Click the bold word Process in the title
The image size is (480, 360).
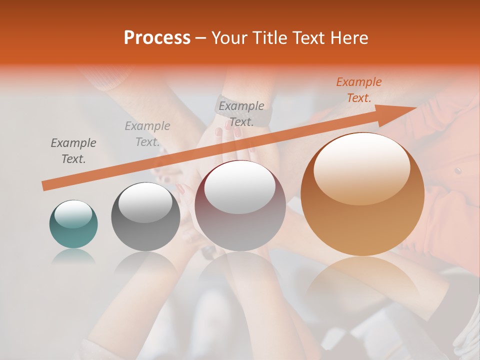point(157,38)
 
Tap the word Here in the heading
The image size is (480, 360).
point(350,38)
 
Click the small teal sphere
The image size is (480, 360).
point(73,224)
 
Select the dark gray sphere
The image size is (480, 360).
point(145,216)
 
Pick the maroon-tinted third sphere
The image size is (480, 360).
point(240,205)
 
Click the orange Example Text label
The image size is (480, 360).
point(358,90)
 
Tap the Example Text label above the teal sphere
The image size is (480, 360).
point(73,151)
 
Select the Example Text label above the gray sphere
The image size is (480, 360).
point(147,134)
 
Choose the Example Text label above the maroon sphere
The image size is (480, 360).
point(241,113)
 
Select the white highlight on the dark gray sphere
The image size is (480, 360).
point(145,202)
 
